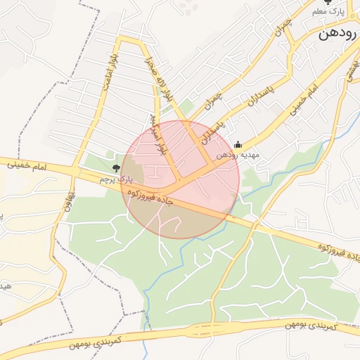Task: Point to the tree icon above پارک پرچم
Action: coord(116,167)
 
